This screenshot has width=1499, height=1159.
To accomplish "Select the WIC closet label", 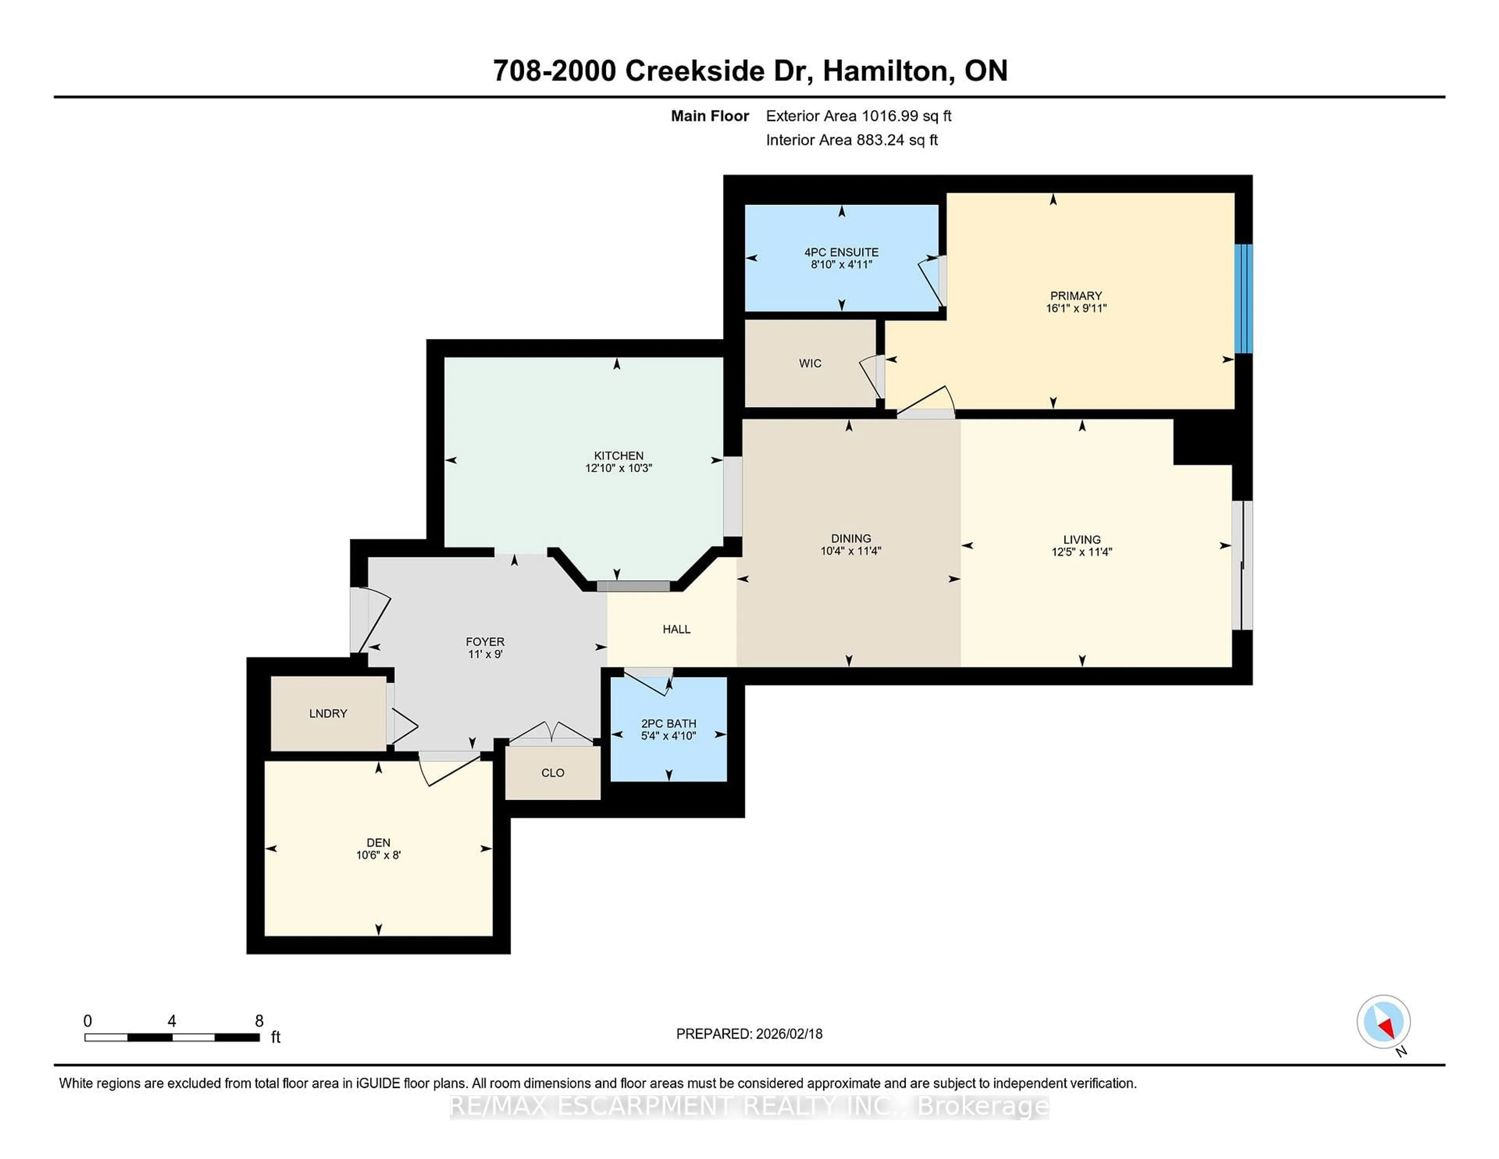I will point(810,363).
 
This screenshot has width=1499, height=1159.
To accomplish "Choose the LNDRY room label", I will point(328,713).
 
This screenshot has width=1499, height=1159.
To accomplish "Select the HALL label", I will point(676,629).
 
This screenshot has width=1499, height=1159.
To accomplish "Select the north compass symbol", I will point(1383,1022).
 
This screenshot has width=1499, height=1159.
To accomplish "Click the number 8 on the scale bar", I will point(259,1021).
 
